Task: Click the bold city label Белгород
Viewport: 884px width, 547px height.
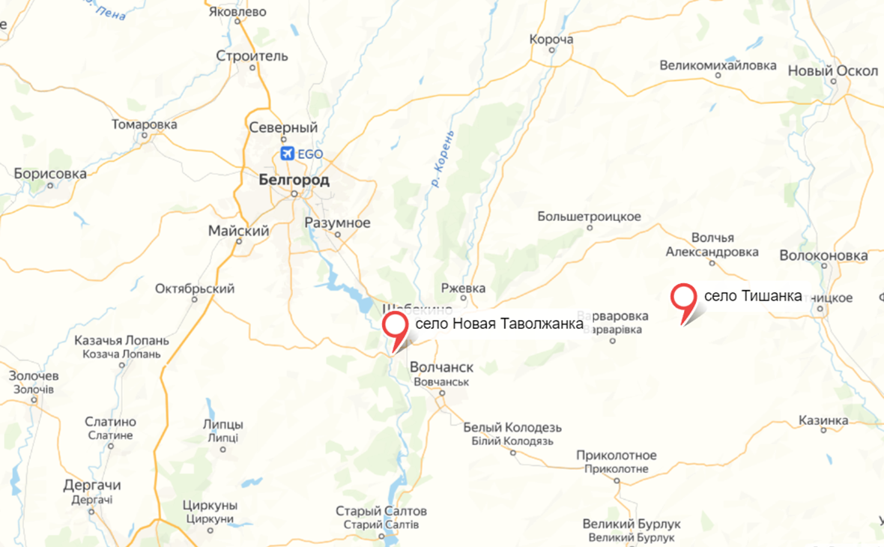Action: pos(293,181)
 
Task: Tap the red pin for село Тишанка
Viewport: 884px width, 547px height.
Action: pos(682,297)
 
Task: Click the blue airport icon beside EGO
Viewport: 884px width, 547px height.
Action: pos(287,154)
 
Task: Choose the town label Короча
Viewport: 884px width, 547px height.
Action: pos(551,40)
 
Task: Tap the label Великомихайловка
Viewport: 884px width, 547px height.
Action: pos(718,65)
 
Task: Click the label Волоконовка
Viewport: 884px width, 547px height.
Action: pos(823,256)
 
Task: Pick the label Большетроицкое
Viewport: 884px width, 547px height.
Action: pos(589,217)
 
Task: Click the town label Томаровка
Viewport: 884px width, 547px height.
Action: pos(144,124)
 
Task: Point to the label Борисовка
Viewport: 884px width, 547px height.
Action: pos(50,174)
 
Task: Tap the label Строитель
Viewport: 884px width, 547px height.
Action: pos(252,56)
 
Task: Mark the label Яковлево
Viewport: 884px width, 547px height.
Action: pos(237,12)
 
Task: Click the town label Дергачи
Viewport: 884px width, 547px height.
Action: pos(93,486)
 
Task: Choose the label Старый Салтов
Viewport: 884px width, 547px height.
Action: pos(381,511)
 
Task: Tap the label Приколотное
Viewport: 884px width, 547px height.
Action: pos(617,456)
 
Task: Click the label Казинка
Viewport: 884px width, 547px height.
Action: pos(823,420)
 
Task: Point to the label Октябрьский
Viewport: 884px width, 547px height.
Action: pos(194,288)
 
